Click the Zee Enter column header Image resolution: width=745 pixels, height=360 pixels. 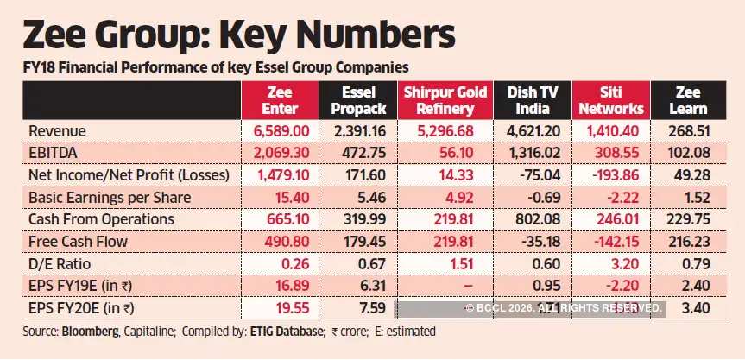(279, 100)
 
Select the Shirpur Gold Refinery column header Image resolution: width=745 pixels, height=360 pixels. (445, 100)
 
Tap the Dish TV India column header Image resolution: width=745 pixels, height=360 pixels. (527, 100)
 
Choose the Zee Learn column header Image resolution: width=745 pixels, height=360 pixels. (691, 100)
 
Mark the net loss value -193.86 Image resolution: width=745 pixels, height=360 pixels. (612, 175)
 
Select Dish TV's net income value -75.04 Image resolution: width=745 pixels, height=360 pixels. (530, 175)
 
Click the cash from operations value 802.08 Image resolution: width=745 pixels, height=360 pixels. (530, 219)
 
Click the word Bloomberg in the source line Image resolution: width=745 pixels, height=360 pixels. (87, 332)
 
